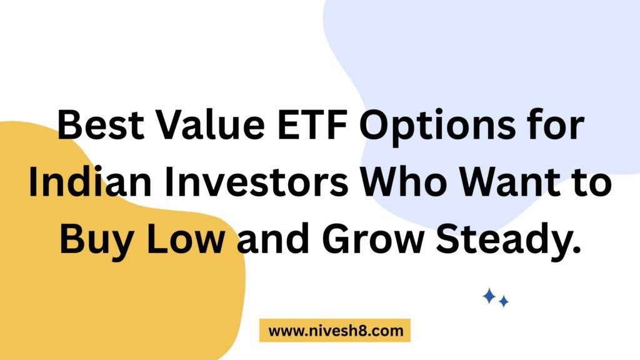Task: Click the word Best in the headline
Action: pos(101,124)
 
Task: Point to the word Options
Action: pos(437,126)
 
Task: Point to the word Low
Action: pos(185,239)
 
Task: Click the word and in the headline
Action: pos(273,238)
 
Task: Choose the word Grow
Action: pos(373,239)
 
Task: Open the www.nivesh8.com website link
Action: pos(336,331)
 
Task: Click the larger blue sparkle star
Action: pos(489,296)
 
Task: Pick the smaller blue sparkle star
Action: pos(504,301)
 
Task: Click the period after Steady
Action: pos(577,250)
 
